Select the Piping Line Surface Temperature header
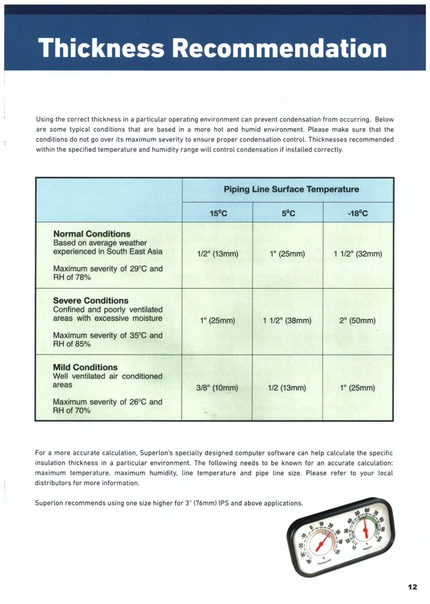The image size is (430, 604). [291, 189]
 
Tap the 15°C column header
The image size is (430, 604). [218, 213]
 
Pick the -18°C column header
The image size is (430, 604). [358, 213]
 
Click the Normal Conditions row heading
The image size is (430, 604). [92, 234]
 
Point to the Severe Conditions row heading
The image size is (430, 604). [91, 300]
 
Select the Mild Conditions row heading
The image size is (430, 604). [85, 367]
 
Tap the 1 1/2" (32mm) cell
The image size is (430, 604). [358, 254]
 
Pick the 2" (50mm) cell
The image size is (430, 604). [358, 321]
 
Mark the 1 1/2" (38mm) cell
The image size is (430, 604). [287, 321]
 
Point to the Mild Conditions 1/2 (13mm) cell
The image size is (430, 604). [287, 388]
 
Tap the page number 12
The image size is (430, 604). [412, 586]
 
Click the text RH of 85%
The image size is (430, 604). [72, 344]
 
